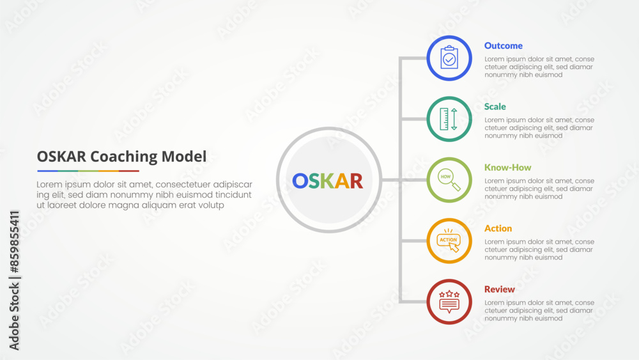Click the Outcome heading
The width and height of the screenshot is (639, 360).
(504, 45)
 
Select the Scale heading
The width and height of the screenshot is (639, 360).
(495, 106)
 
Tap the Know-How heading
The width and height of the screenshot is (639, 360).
(507, 167)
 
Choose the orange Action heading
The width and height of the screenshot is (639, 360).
(498, 228)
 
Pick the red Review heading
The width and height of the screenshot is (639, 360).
(499, 289)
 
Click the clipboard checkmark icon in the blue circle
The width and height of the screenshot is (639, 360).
(449, 58)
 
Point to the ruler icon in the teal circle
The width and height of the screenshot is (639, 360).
(449, 119)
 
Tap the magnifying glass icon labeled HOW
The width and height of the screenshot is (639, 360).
(449, 180)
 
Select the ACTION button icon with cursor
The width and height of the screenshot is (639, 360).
(449, 240)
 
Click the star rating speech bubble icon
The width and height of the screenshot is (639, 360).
(449, 302)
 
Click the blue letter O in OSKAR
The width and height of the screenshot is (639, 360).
(300, 181)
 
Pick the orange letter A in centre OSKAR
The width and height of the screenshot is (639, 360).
(343, 181)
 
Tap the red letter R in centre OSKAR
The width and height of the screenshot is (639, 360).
(357, 181)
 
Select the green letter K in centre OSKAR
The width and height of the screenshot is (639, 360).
(328, 181)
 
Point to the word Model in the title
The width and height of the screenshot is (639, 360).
(184, 156)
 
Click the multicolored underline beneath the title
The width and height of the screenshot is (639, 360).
(88, 171)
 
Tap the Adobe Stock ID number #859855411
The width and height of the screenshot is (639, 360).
(14, 242)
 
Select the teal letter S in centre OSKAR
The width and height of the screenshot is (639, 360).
(314, 181)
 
